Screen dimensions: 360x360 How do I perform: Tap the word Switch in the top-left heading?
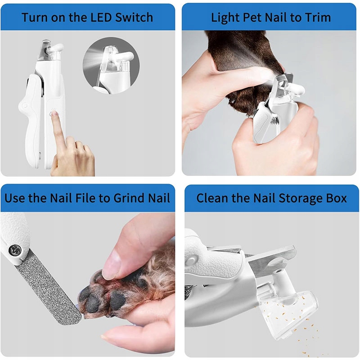[x=134, y=17]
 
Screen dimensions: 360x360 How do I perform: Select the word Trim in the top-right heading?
[x=318, y=17]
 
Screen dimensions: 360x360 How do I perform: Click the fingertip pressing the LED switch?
[x=54, y=114]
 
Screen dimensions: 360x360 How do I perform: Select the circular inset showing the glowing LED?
[x=111, y=66]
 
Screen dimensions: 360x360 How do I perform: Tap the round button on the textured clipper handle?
[x=190, y=261]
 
